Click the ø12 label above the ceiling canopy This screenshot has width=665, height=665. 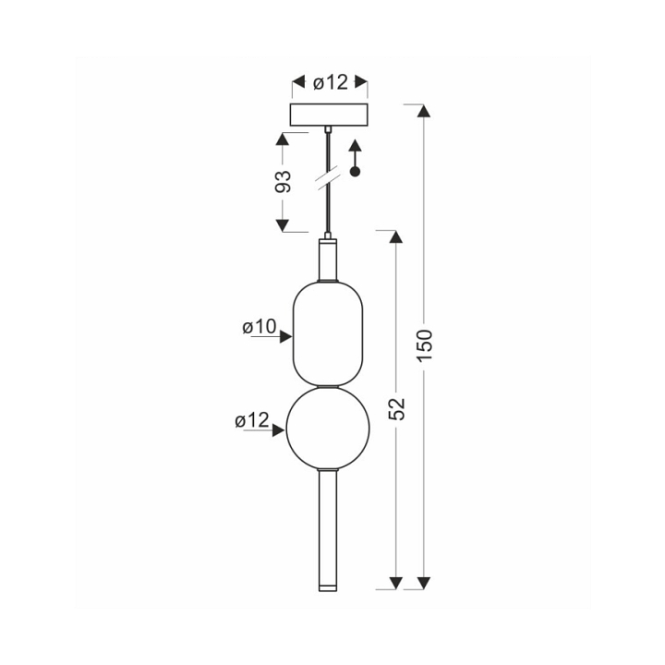point(331,82)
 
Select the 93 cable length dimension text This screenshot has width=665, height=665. point(284,182)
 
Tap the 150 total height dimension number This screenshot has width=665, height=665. point(424,345)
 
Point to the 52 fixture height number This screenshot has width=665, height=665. point(397,409)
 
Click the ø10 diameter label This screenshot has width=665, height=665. point(260,327)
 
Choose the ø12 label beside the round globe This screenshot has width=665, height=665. point(252,420)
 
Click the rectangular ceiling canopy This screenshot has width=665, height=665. point(329,115)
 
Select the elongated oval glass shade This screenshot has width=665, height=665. point(328,333)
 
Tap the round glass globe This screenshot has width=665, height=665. point(328,429)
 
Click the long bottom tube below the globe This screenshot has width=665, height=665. point(328,530)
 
